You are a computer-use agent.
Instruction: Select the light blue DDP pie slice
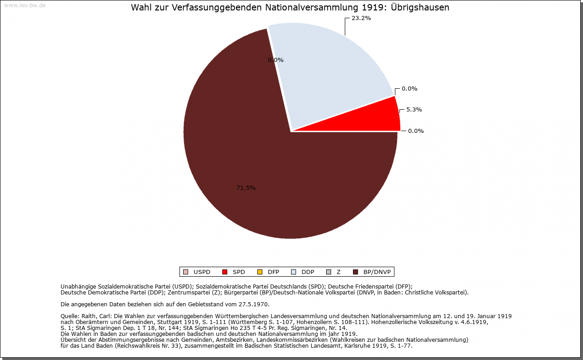tap(328, 73)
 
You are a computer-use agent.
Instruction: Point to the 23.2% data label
tap(361, 19)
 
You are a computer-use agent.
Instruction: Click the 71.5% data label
tap(246, 188)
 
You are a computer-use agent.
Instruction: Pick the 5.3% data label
tap(414, 110)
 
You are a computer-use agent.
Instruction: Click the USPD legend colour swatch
tap(185, 272)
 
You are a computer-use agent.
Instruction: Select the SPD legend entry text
tap(239, 272)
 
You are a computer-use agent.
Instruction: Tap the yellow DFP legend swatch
tap(260, 272)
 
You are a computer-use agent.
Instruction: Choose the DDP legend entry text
tap(308, 272)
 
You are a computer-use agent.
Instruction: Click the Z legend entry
tap(338, 272)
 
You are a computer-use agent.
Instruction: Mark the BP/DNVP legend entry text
tap(377, 272)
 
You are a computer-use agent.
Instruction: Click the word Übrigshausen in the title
tap(420, 8)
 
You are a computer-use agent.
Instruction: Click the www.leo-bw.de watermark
tap(25, 5)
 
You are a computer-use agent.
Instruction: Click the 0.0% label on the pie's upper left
tap(276, 60)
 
